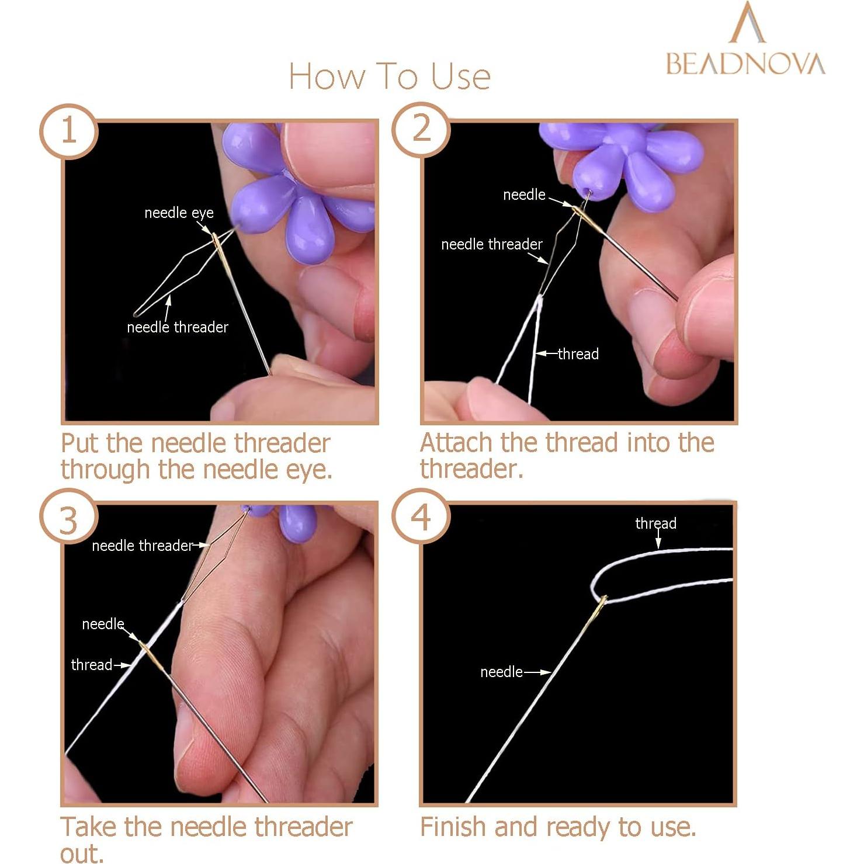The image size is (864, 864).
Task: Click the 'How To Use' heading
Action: pos(390,77)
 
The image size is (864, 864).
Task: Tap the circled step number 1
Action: pos(69,130)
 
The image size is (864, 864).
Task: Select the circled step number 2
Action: pos(421,129)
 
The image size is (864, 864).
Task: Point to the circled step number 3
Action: pos(69,518)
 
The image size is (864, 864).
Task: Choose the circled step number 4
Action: pos(421,517)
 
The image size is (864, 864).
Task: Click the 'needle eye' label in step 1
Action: pos(179,213)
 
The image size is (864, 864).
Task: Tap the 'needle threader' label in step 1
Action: pos(178,327)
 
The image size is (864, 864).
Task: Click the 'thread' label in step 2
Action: pos(578,354)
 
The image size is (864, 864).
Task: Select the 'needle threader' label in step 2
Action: pos(491,244)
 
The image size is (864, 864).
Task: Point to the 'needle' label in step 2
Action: pos(524,195)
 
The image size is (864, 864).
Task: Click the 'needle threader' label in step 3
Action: pos(142,546)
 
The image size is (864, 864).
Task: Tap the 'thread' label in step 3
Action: pos(91,665)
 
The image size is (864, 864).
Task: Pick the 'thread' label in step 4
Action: pos(655,523)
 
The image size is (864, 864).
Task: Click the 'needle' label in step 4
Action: pos(501,672)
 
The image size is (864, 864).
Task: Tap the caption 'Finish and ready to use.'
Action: pos(558,827)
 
